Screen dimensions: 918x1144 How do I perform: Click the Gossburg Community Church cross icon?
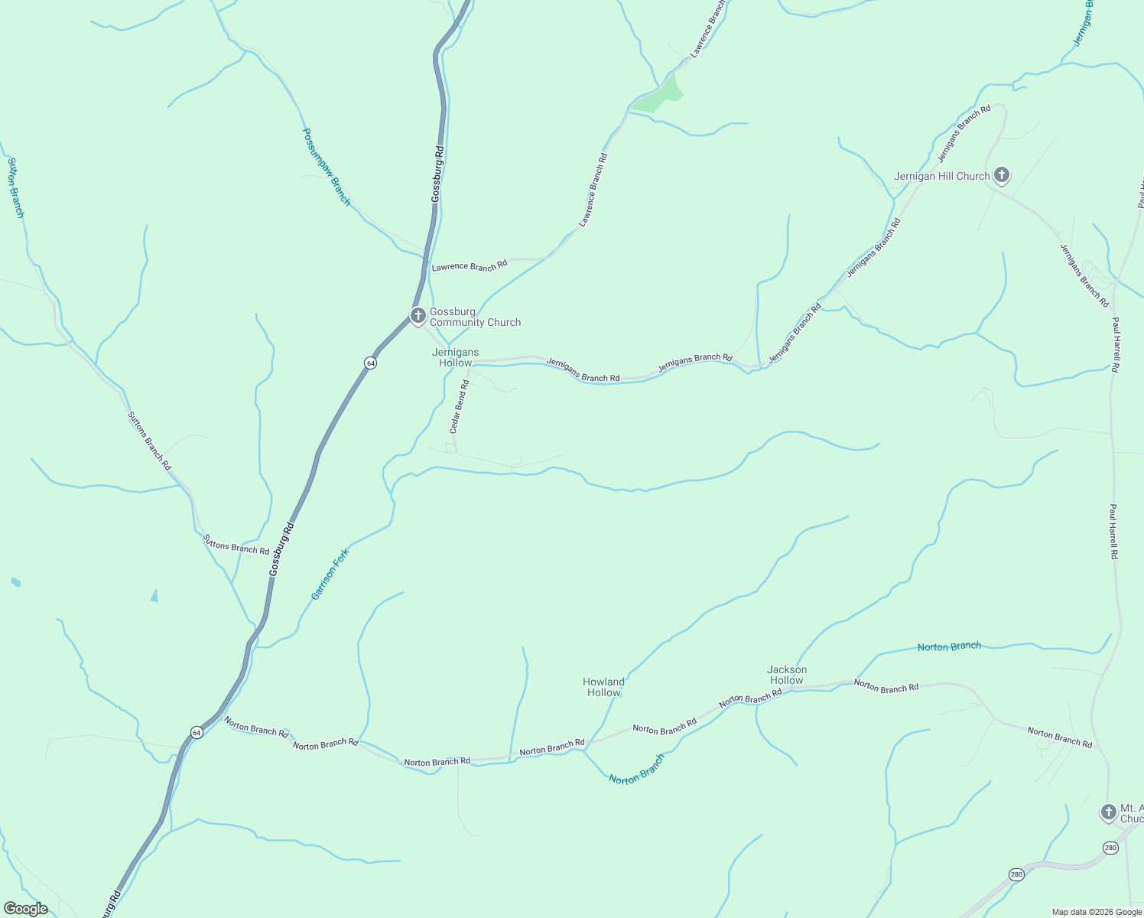click(x=418, y=315)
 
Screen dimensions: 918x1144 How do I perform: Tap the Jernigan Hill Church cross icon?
click(x=1001, y=175)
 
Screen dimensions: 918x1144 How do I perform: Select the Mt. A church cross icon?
click(x=1108, y=812)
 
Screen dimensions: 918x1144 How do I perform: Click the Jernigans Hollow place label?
click(x=456, y=357)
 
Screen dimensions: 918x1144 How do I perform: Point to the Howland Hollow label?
click(x=603, y=687)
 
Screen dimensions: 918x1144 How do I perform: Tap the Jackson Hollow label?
click(x=787, y=675)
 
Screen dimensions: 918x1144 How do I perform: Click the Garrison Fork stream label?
click(x=330, y=574)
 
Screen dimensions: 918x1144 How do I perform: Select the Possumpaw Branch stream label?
click(x=327, y=166)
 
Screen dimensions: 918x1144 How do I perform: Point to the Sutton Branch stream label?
click(x=15, y=187)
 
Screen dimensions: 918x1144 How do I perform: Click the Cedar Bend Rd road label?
click(x=459, y=406)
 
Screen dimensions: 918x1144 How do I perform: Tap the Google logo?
click(x=26, y=909)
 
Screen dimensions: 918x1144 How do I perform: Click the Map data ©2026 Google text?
click(x=1097, y=912)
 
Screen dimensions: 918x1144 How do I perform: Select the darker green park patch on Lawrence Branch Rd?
click(x=660, y=96)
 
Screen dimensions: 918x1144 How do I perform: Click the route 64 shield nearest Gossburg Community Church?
click(x=370, y=363)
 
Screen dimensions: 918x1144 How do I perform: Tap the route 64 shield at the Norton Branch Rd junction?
click(x=197, y=732)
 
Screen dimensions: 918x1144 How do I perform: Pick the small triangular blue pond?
click(x=154, y=596)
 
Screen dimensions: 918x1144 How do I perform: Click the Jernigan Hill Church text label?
click(x=941, y=176)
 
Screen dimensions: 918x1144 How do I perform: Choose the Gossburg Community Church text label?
click(x=475, y=317)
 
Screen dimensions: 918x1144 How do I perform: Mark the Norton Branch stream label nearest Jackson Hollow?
click(x=949, y=646)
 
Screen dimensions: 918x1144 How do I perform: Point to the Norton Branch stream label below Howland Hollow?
click(x=637, y=769)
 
